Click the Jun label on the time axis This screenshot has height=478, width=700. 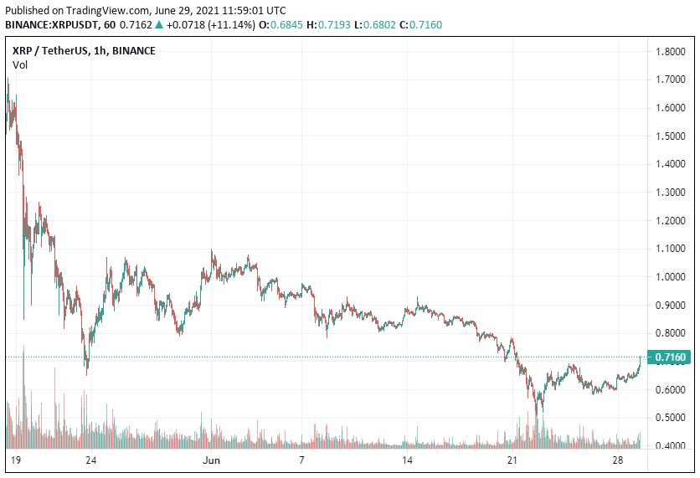[x=212, y=460]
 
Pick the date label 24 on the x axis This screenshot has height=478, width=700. [x=91, y=460]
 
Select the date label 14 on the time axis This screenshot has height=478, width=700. [x=408, y=460]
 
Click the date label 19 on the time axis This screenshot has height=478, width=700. [x=16, y=460]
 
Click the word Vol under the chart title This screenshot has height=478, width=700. [x=20, y=65]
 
